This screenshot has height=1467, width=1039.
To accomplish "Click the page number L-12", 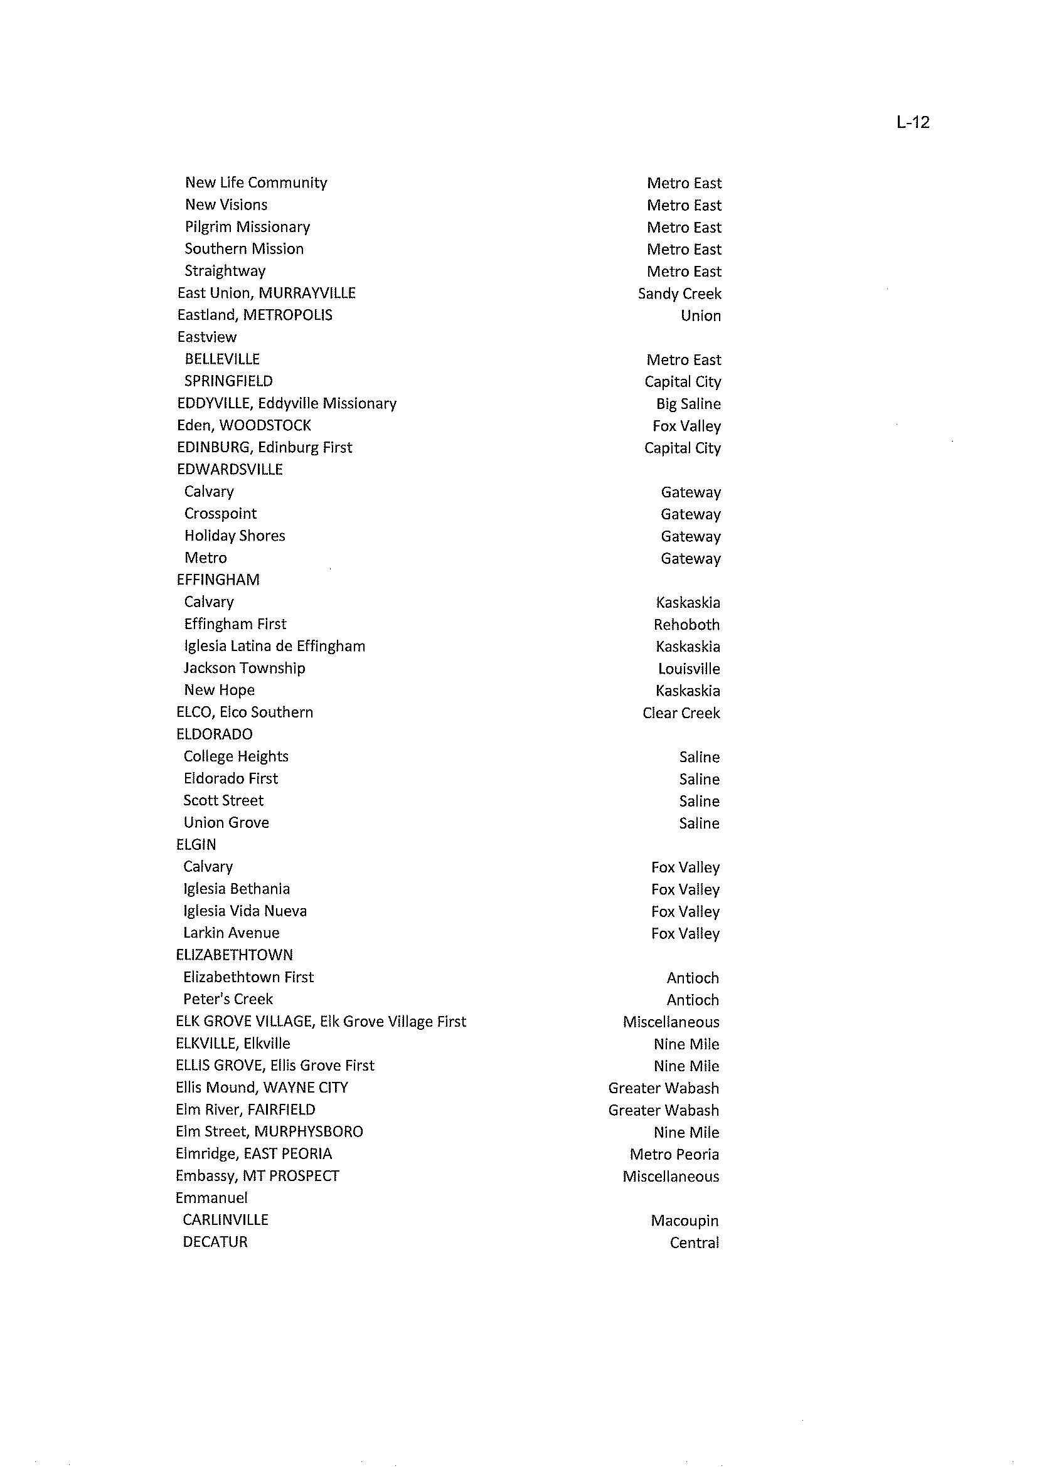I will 912,122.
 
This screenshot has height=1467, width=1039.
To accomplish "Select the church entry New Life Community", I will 256,183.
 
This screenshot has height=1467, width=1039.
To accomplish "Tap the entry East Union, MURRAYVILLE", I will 266,293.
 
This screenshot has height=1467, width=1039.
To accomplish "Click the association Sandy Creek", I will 679,294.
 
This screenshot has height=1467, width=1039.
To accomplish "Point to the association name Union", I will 701,316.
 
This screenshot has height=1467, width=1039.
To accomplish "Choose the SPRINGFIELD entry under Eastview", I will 228,381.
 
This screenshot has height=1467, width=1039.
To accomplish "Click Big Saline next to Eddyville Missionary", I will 688,404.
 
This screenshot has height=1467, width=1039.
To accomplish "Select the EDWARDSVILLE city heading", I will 230,469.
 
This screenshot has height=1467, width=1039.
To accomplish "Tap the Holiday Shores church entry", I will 235,536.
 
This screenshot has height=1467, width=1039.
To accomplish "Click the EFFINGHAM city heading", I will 218,580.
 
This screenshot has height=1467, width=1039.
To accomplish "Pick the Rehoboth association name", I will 686,625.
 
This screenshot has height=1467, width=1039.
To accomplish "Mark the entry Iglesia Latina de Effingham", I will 274,647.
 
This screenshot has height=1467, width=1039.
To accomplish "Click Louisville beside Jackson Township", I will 689,669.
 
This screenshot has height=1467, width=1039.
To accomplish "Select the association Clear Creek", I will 681,713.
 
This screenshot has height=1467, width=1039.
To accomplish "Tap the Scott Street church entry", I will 223,801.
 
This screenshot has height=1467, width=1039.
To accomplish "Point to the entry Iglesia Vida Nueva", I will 245,911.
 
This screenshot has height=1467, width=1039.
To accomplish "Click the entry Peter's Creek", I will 228,1000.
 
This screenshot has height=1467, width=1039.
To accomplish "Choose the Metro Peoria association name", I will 674,1154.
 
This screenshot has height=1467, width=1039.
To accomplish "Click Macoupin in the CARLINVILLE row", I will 685,1221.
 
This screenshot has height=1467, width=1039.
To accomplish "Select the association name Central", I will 694,1243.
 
